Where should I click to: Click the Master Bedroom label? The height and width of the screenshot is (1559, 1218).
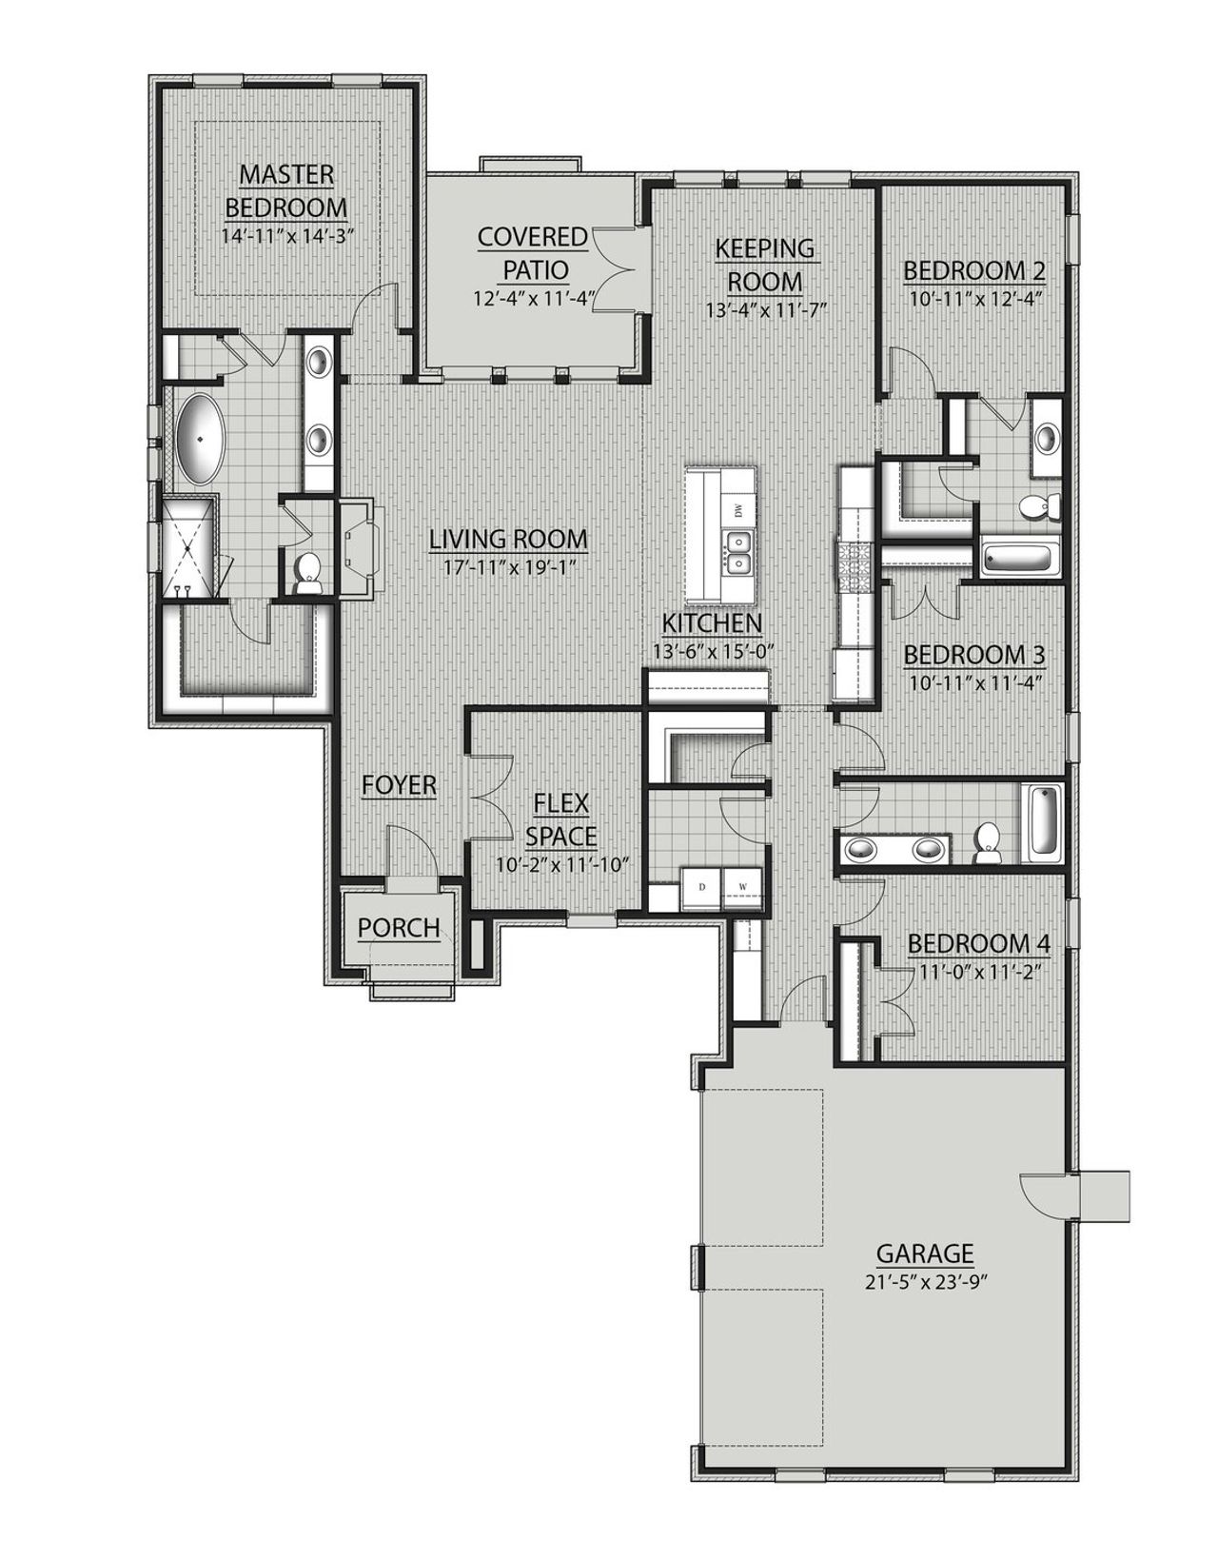point(286,190)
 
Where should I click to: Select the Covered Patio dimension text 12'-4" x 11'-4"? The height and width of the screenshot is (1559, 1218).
point(533,298)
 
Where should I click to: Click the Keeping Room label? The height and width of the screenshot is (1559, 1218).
point(765,265)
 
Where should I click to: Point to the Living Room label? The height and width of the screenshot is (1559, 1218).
point(508,539)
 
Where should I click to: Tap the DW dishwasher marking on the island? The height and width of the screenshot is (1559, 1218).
point(738,511)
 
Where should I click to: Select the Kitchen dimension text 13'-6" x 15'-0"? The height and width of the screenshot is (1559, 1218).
point(712,652)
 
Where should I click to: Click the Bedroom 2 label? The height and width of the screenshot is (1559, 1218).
point(974,271)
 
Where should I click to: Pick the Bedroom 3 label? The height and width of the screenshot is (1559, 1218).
point(974,655)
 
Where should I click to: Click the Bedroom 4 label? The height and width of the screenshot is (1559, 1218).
point(979,944)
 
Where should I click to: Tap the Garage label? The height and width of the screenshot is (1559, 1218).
point(925,1253)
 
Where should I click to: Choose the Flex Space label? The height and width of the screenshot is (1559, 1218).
point(561,819)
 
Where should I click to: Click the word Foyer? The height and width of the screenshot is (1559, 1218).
point(399,785)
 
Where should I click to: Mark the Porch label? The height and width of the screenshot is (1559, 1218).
point(399,927)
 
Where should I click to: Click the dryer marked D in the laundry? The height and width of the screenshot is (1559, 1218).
point(702,887)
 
